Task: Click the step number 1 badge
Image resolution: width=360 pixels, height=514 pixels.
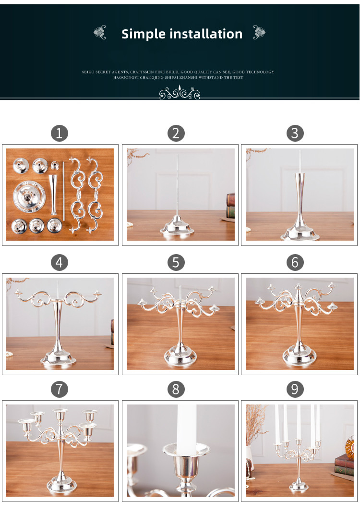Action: [60, 133]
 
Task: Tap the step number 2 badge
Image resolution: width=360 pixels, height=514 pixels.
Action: [176, 133]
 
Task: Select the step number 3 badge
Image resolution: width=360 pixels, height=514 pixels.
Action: [295, 133]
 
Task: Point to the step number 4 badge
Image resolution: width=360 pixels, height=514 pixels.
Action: [60, 262]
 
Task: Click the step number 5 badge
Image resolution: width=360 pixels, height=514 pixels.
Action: [176, 262]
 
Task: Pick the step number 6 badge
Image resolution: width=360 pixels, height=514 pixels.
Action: [295, 262]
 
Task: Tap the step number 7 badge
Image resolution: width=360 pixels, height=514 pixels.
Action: [60, 389]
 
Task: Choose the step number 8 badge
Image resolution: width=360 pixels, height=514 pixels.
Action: [176, 389]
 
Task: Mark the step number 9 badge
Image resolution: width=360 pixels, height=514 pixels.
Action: [295, 389]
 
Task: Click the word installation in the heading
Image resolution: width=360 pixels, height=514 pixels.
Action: [208, 34]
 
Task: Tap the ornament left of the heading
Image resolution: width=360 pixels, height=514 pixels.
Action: [100, 33]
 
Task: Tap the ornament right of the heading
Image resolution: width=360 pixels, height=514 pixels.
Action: [259, 33]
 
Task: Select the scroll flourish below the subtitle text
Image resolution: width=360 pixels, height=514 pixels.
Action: [180, 93]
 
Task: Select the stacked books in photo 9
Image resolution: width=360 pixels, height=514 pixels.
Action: [344, 466]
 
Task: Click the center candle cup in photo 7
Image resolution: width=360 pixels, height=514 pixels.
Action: [60, 415]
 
